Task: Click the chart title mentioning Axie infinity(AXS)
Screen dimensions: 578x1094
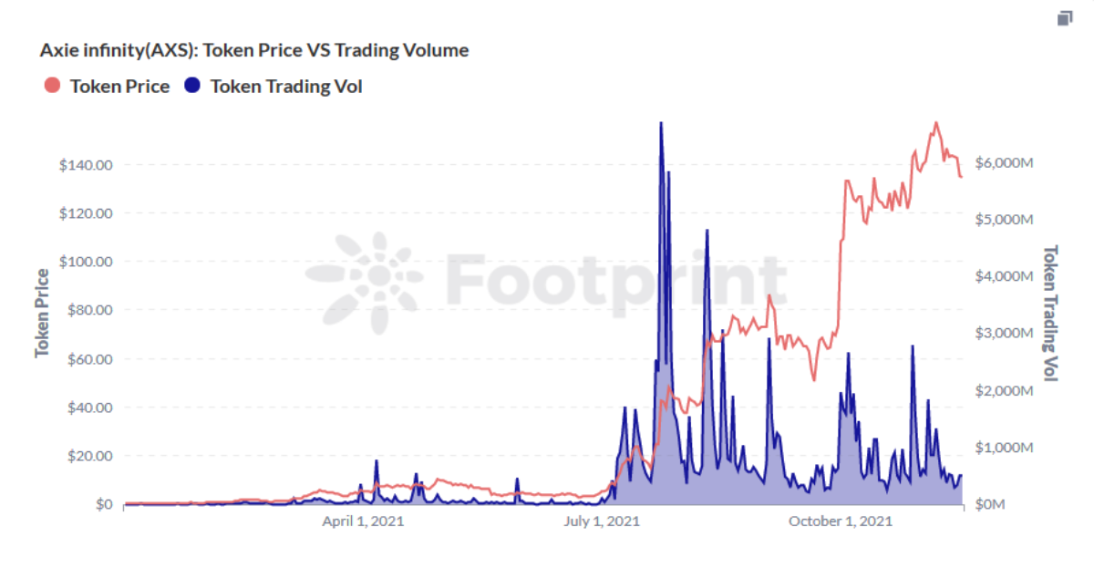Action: click(x=254, y=50)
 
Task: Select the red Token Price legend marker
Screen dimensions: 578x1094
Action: click(x=52, y=86)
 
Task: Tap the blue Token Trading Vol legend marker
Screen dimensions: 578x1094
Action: click(x=192, y=86)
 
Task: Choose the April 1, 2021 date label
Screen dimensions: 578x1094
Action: click(x=363, y=521)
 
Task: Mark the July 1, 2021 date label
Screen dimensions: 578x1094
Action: click(x=602, y=521)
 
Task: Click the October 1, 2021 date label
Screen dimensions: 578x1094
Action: click(x=840, y=521)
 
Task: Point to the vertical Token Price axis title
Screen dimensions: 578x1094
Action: click(x=43, y=313)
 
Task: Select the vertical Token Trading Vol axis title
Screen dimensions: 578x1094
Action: click(x=1050, y=313)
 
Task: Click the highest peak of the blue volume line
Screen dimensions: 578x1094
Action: click(x=661, y=123)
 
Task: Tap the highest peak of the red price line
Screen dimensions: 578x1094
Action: click(x=935, y=122)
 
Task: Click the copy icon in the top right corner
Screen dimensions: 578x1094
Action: click(x=1064, y=18)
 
